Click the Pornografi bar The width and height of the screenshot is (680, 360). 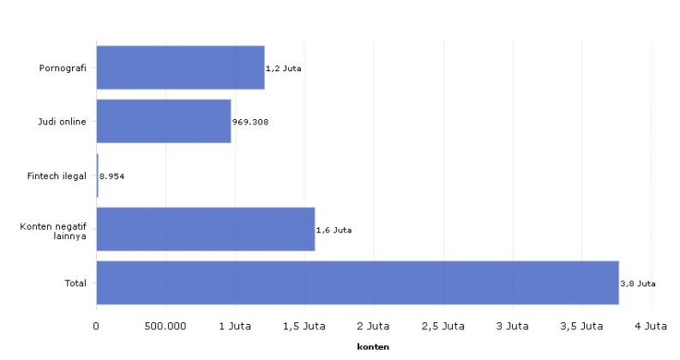coord(180,68)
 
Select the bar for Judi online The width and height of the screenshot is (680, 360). coord(163,122)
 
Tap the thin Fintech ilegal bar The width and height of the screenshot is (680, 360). coord(97,176)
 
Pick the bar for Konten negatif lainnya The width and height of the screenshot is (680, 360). coord(205,230)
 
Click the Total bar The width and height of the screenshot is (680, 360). coord(357,283)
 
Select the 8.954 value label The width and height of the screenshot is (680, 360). coord(113,176)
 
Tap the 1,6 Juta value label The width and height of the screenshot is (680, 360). coord(334,230)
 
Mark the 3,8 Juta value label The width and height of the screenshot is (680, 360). coord(637,284)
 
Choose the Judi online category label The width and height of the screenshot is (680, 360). coord(63,122)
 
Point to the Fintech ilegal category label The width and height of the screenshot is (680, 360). coord(58,176)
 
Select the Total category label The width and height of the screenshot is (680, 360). coord(76,283)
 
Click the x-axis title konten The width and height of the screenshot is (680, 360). coord(373,347)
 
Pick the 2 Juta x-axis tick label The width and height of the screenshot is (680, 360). coord(373,327)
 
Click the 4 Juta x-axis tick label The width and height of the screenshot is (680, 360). coord(651,327)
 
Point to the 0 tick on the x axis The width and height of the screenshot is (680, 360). coord(96,327)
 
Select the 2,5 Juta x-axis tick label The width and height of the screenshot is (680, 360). coord(442,327)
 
